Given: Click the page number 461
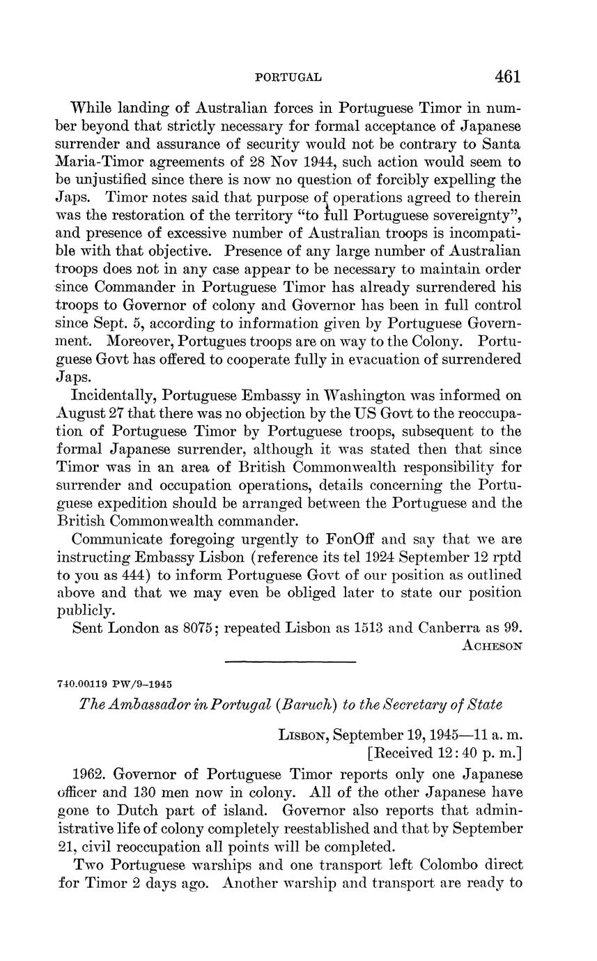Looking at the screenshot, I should click(x=507, y=76).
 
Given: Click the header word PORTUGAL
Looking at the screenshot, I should click(x=288, y=77).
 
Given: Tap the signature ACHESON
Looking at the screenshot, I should click(x=492, y=645).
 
